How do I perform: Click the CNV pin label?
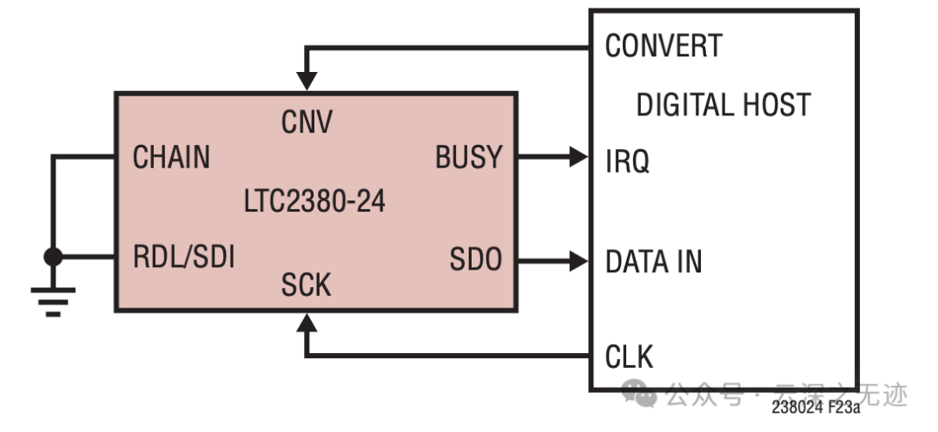307,123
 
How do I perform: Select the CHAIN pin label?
171,157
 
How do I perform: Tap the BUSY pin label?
469,157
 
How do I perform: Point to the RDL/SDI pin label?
183,258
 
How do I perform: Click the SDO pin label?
476,259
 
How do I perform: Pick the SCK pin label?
307,285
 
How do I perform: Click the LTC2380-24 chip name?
314,202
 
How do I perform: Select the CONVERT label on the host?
664,46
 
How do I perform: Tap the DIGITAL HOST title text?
723,105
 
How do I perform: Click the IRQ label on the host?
627,161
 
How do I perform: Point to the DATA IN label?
653,261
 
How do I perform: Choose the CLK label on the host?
630,356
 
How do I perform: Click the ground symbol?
53,299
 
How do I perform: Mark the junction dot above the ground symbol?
53,257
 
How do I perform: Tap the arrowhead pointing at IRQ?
578,157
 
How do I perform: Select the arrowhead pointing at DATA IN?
578,259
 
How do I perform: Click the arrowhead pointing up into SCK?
307,324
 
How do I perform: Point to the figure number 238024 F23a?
815,405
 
